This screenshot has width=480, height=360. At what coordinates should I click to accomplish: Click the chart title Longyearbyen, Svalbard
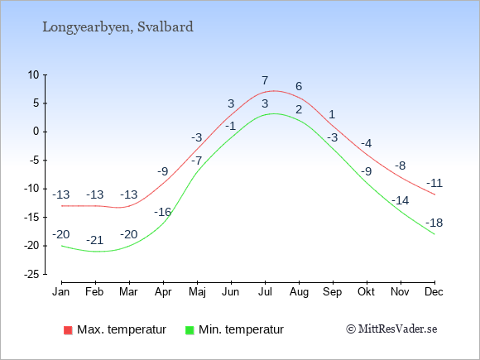tap(118, 27)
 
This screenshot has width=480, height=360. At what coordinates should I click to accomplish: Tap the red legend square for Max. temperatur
tap(68, 330)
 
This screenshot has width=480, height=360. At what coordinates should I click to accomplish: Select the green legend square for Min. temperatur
tap(190, 330)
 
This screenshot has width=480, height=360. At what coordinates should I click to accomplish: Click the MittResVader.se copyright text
tap(391, 329)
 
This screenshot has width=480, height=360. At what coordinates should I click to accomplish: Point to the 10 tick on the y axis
tap(34, 74)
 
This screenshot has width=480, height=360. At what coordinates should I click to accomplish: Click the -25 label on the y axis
tap(31, 274)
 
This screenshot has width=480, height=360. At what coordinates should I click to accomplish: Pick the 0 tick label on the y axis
tap(36, 132)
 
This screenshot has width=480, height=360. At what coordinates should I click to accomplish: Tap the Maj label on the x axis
tap(197, 292)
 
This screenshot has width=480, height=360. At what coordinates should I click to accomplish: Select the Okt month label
tap(366, 292)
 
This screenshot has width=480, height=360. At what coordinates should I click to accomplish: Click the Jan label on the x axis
tap(61, 292)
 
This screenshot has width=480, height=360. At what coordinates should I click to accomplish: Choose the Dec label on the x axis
tap(434, 292)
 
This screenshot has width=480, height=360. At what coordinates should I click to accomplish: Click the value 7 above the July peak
tap(265, 81)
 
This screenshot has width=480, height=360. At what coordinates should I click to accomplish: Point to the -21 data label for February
tap(95, 240)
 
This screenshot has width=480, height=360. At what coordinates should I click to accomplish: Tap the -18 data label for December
tap(434, 223)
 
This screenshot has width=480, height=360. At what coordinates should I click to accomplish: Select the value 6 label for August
tap(299, 86)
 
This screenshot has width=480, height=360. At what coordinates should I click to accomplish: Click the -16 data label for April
tap(162, 212)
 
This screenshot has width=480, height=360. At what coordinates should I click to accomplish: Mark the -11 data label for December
tap(434, 184)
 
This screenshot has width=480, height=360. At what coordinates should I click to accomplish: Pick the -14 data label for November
tap(400, 201)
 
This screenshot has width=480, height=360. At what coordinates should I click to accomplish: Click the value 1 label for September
tap(332, 115)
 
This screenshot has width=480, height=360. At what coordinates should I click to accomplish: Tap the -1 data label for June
tap(231, 126)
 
